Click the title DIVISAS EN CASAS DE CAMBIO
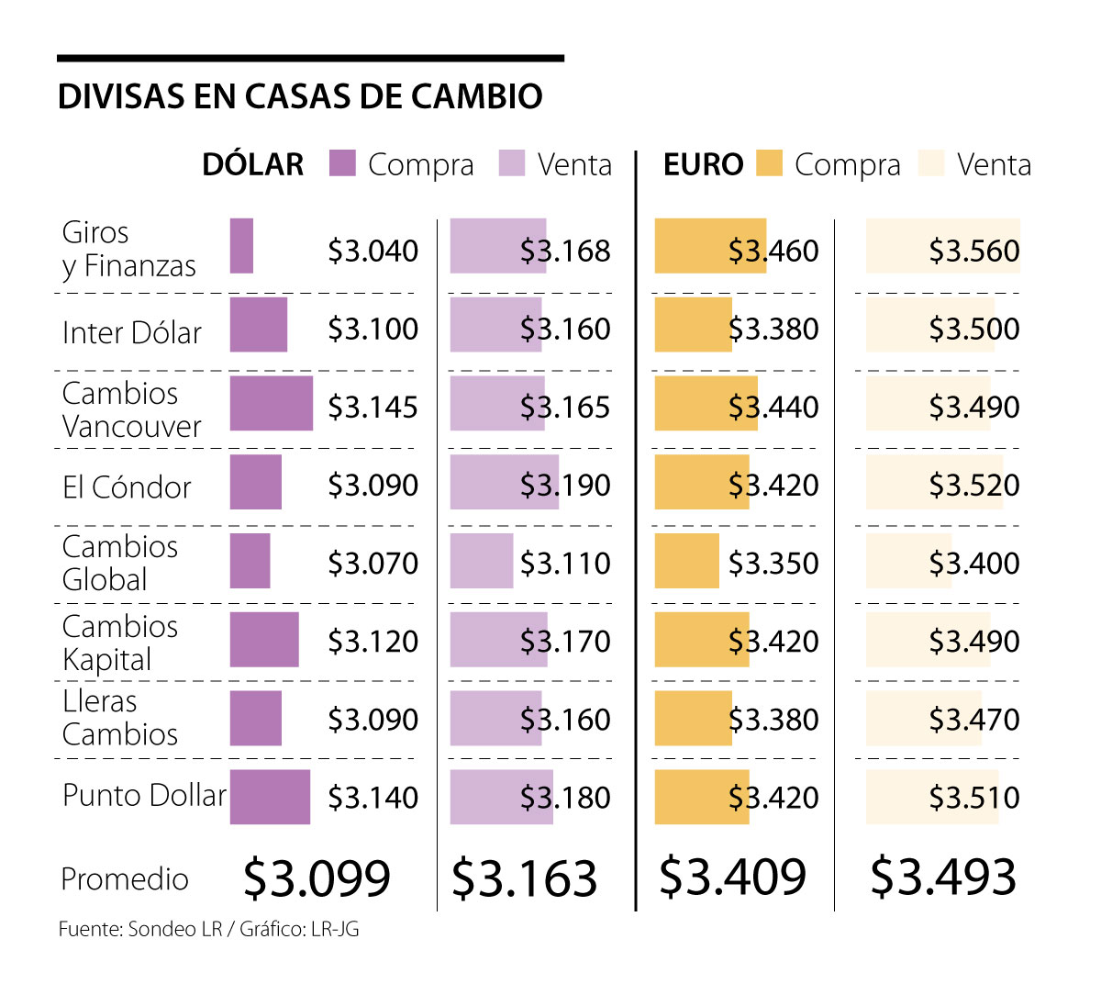point(300,96)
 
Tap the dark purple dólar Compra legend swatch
point(342,163)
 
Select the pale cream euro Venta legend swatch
point(930,163)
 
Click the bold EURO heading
point(703,165)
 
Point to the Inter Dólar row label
point(132,332)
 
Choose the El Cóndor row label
point(127,486)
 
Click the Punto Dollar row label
point(144,795)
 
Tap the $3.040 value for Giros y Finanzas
point(373,251)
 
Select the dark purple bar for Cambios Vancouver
point(271,403)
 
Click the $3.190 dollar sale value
point(565,485)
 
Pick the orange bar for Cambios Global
point(686,561)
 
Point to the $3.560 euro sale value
point(973,251)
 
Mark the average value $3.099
point(317,878)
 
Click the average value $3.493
point(943,877)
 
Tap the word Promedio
point(125,879)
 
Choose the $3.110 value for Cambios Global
point(565,563)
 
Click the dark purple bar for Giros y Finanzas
point(241,246)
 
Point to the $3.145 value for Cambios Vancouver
point(373,407)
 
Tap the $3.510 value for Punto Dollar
point(973,797)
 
